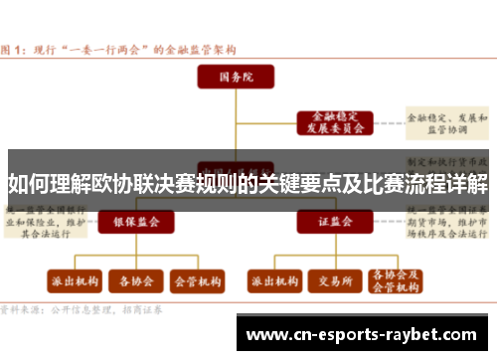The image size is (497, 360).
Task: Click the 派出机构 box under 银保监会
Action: click(x=74, y=281)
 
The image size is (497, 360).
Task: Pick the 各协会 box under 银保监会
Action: click(x=135, y=281)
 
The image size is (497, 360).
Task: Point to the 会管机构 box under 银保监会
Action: click(x=197, y=281)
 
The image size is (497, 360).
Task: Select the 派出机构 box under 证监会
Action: click(x=272, y=281)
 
